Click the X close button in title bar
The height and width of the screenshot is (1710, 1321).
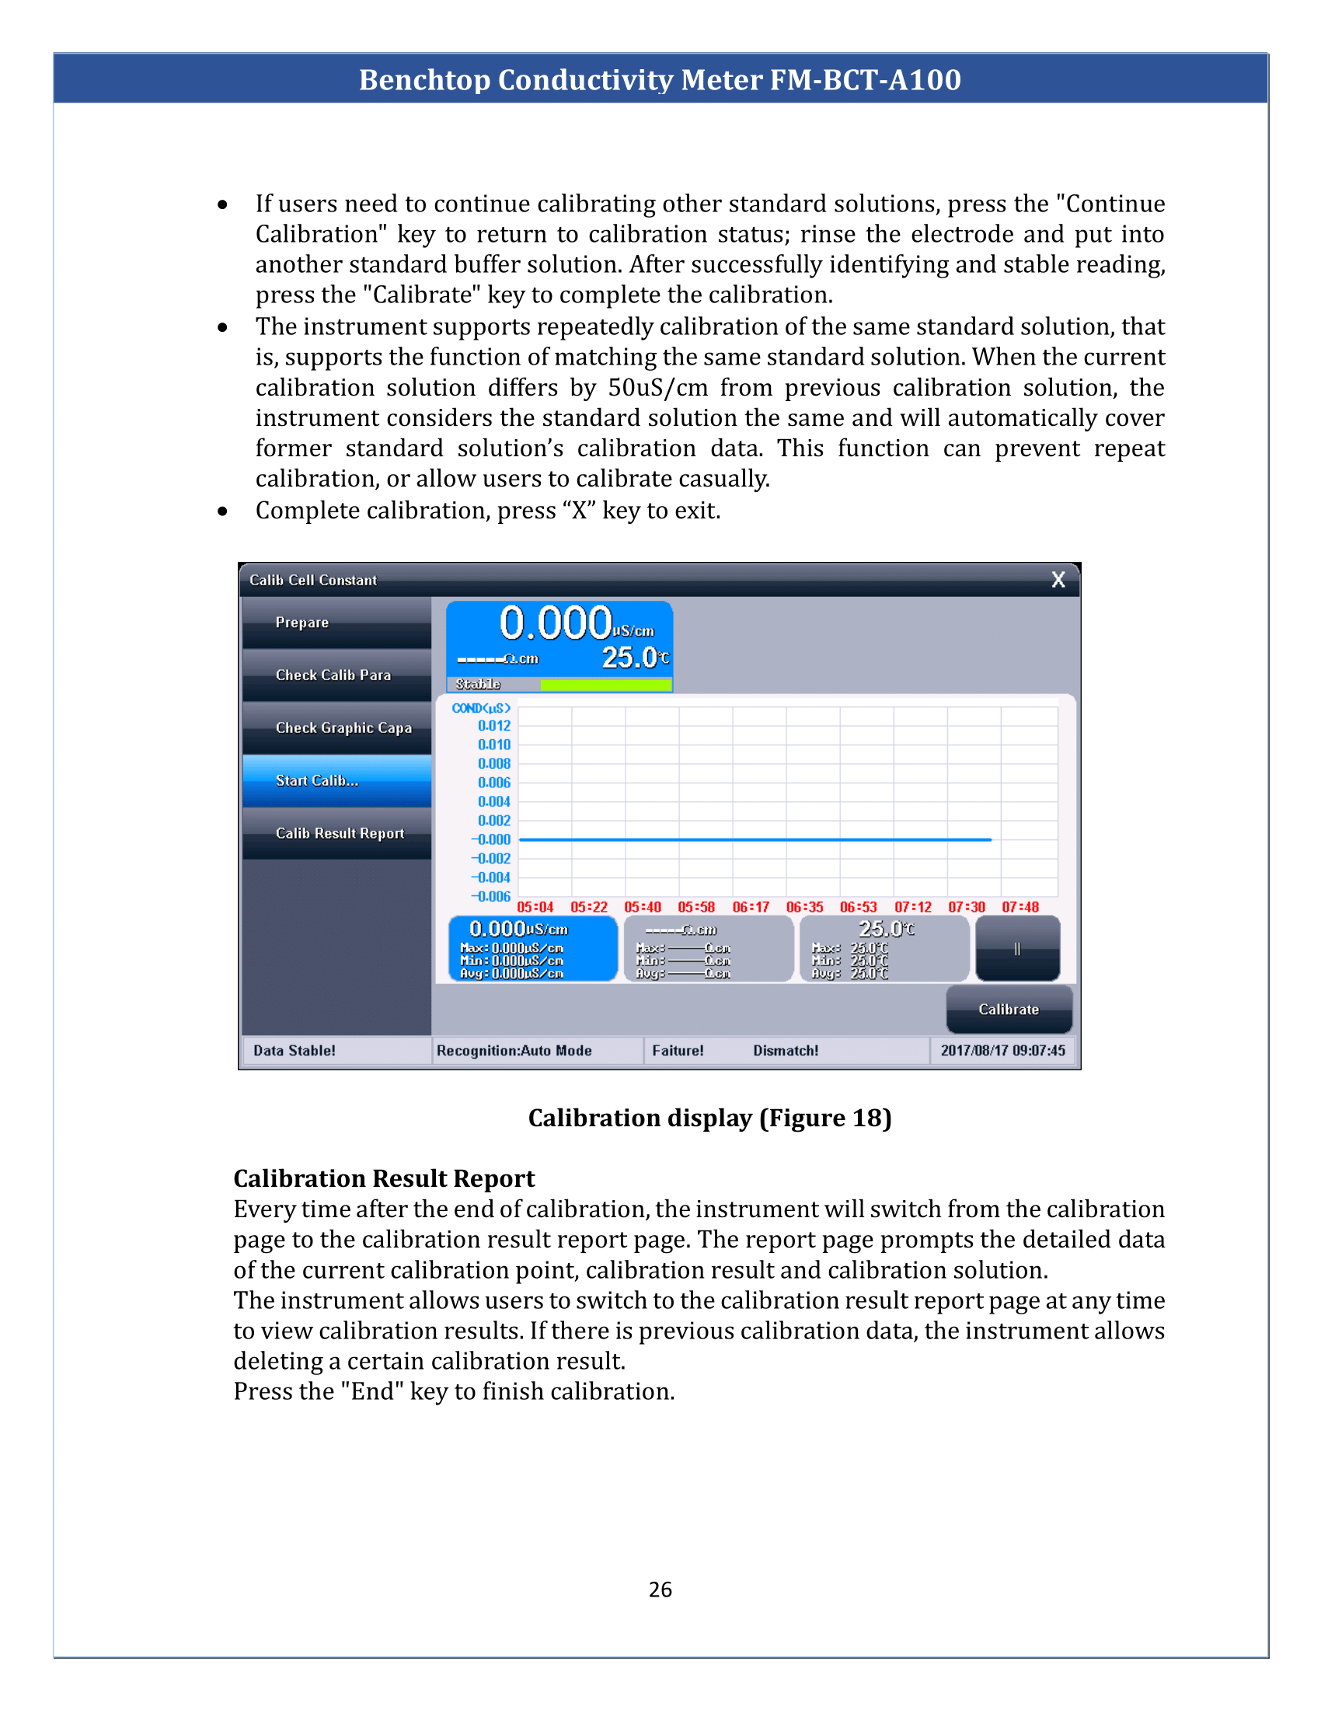pos(1058,579)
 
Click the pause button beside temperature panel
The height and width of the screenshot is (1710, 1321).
pos(1017,949)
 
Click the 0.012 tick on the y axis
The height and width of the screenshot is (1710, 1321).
pos(493,726)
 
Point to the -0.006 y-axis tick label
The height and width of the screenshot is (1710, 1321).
pos(490,896)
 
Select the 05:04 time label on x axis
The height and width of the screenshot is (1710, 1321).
pos(535,907)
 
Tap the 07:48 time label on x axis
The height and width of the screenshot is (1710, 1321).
pos(1020,907)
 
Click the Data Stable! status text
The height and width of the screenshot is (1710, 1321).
pos(295,1051)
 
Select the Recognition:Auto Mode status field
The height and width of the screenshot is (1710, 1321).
pos(514,1051)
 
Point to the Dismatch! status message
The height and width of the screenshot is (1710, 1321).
pos(786,1051)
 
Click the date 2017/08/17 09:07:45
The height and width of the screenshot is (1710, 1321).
pos(1002,1051)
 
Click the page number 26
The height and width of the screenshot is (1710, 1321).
pos(660,1590)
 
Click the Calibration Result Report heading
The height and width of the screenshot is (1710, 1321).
pos(383,1178)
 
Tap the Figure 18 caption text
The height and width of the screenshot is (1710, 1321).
pos(709,1118)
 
